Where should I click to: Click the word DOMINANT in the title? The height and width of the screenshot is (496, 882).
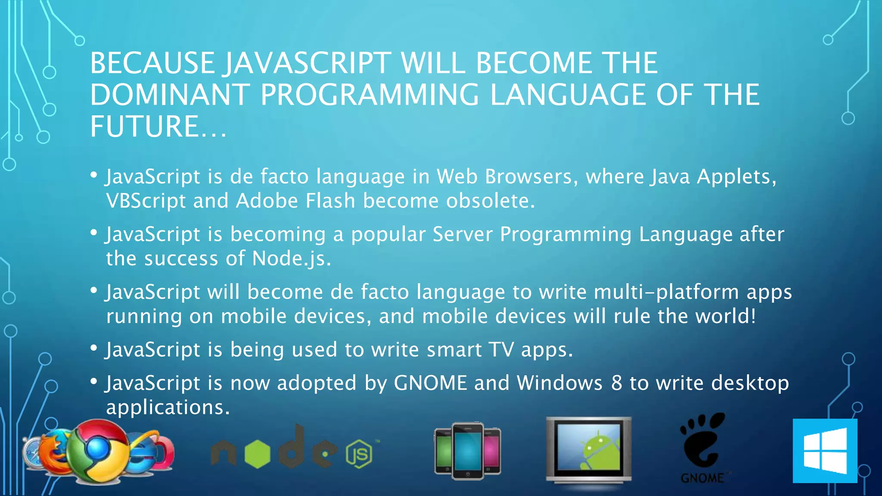click(x=170, y=95)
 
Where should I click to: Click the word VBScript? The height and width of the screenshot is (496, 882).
click(x=146, y=201)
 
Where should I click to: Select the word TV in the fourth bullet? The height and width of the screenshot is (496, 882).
click(x=501, y=350)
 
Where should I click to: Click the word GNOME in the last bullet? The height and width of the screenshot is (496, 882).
click(x=430, y=383)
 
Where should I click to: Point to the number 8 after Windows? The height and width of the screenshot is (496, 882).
click(x=616, y=383)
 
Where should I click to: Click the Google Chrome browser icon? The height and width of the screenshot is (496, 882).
click(x=100, y=450)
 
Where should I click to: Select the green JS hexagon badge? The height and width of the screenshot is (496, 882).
click(x=359, y=454)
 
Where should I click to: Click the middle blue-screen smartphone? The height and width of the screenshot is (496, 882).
click(x=468, y=450)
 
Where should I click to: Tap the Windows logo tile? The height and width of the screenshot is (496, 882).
click(x=825, y=451)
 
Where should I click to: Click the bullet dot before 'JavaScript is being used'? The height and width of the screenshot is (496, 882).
click(x=93, y=347)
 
